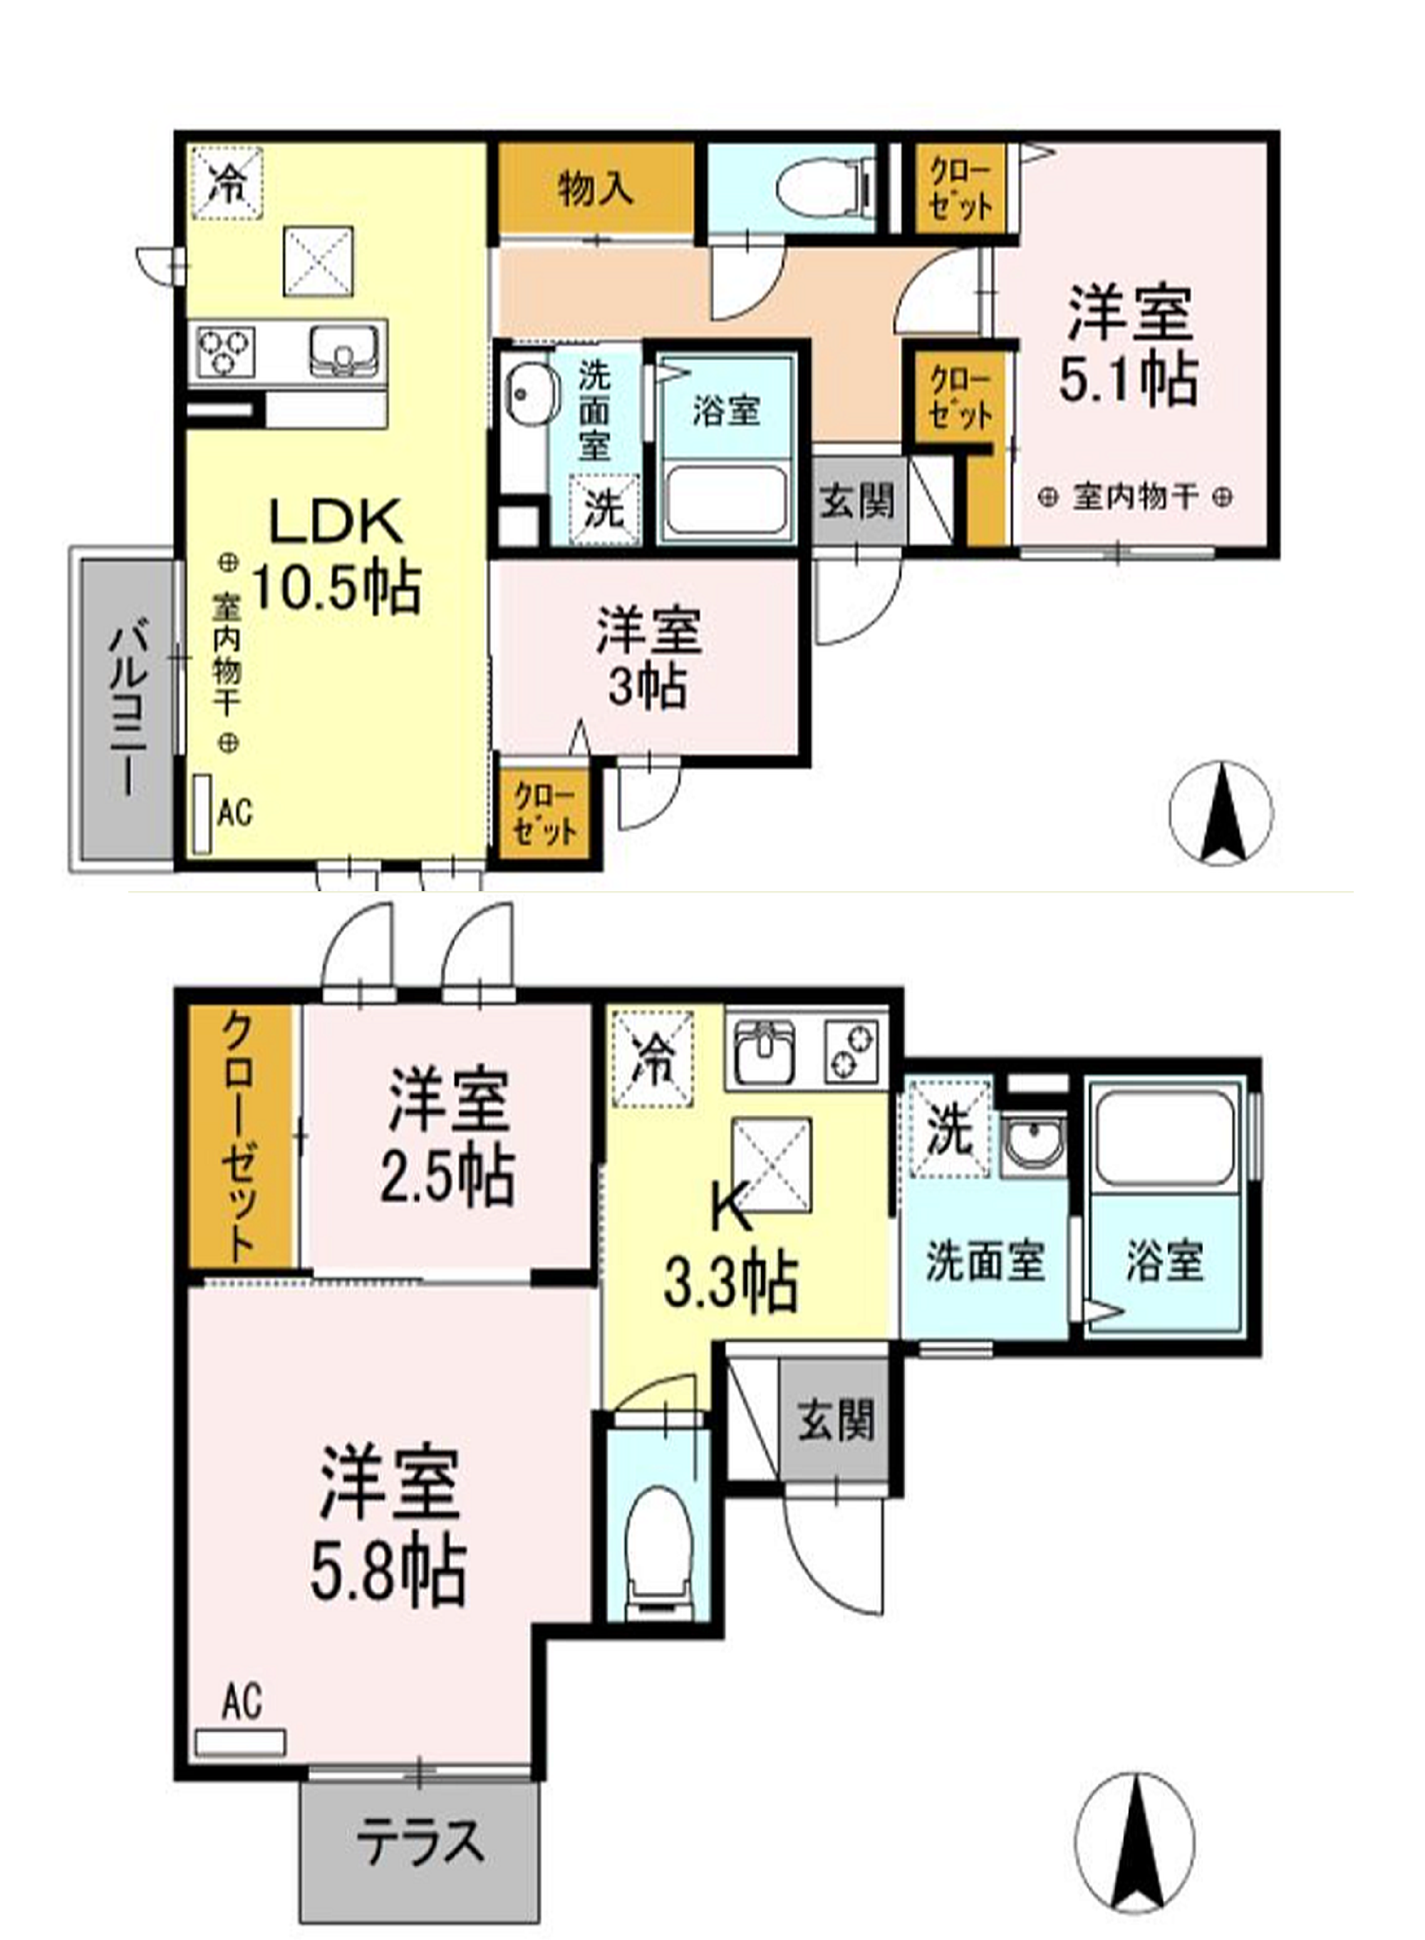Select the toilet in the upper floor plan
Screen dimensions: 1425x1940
[x=823, y=186]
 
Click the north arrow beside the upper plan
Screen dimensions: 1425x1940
[x=1220, y=813]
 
